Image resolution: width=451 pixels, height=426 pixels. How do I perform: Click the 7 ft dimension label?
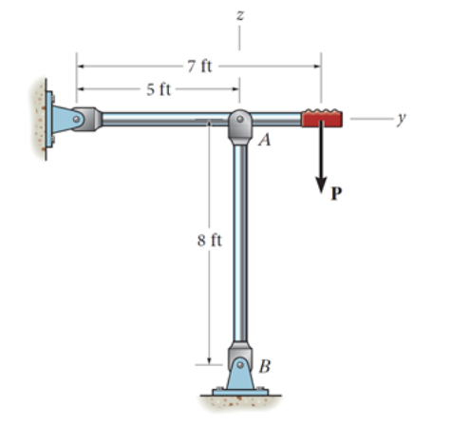tap(199, 66)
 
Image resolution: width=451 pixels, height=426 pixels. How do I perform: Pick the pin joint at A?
tap(239, 121)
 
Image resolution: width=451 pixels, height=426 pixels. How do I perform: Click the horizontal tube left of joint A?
tap(161, 119)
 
